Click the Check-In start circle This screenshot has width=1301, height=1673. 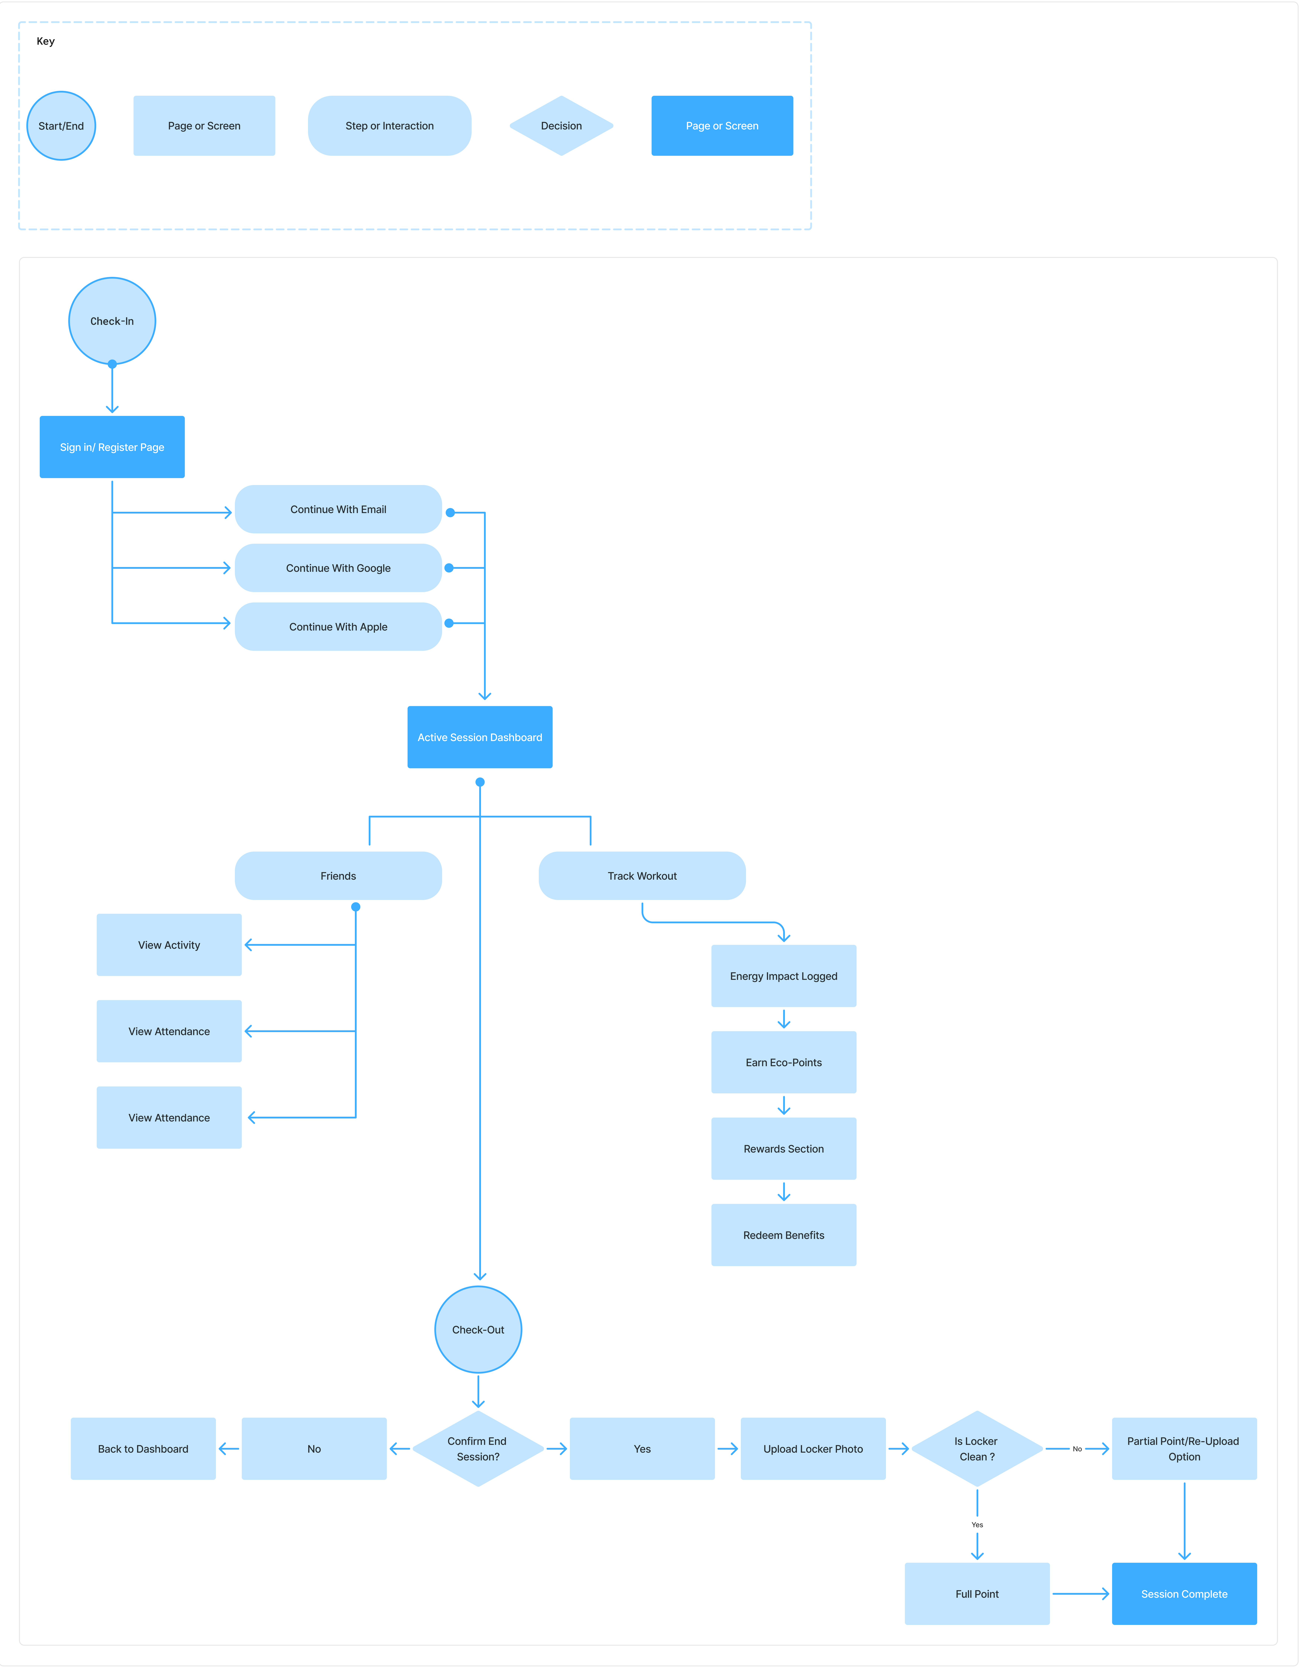(x=112, y=321)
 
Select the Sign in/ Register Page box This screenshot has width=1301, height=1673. (x=112, y=447)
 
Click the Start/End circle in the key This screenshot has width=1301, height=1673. (x=61, y=126)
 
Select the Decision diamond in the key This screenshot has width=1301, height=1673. (x=561, y=126)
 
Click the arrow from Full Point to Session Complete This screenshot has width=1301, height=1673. (x=1080, y=1594)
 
